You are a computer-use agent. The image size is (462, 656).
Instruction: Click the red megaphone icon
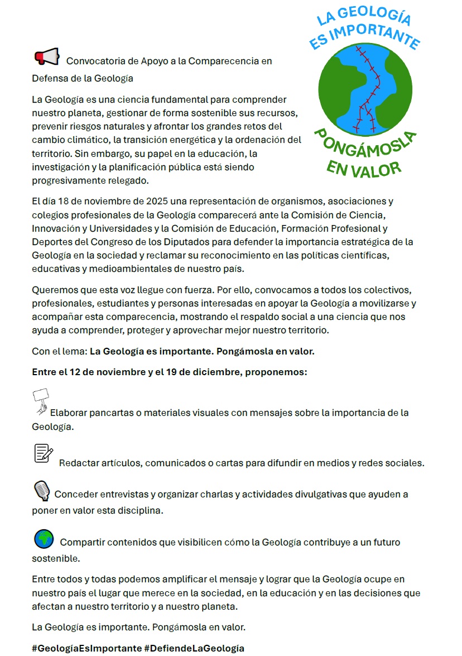coord(47,56)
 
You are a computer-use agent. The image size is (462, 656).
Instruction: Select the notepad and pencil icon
coord(44,453)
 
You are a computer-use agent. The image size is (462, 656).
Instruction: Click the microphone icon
coord(42,490)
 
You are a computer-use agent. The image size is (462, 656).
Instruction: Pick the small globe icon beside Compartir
coord(44,539)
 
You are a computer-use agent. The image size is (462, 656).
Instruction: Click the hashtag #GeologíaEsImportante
coord(86,648)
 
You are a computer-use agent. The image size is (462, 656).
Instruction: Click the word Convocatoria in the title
coord(94,61)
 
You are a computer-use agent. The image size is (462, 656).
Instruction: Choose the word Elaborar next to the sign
coord(69,413)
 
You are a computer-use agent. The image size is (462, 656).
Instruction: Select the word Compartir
coord(81,543)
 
